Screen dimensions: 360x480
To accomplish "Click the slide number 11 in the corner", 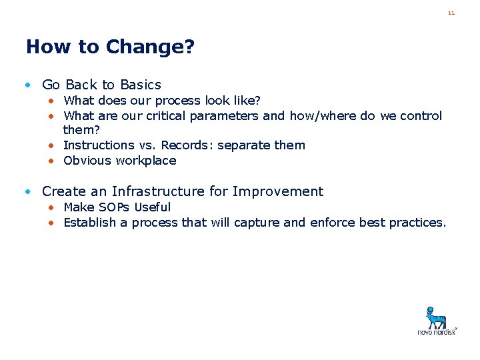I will pyautogui.click(x=451, y=13).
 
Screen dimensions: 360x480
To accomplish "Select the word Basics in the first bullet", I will pyautogui.click(x=141, y=85).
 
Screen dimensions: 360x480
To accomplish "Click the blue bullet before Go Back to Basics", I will pyautogui.click(x=27, y=85).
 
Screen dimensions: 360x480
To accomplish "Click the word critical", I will pyautogui.click(x=164, y=116).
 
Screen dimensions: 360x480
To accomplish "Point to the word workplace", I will pyautogui.click(x=146, y=161).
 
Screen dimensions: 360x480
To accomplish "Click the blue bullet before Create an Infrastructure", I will pyautogui.click(x=27, y=192).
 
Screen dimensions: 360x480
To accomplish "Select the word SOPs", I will pyautogui.click(x=114, y=207).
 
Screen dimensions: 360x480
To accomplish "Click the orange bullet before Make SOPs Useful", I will pyautogui.click(x=51, y=207).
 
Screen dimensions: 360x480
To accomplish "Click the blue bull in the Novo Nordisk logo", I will pyautogui.click(x=437, y=317).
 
